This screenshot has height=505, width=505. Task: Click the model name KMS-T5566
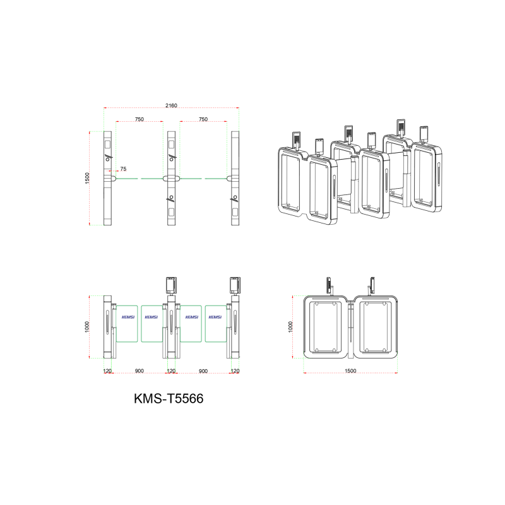pyautogui.click(x=169, y=398)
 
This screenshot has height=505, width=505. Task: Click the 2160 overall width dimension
pyautogui.click(x=171, y=105)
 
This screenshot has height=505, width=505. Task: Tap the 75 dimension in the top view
pyautogui.click(x=123, y=169)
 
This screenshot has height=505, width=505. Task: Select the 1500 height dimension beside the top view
pyautogui.click(x=87, y=178)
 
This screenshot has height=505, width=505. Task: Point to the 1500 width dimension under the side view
pyautogui.click(x=350, y=371)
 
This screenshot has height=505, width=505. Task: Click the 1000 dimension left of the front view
pyautogui.click(x=87, y=326)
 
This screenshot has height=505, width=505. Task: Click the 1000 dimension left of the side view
pyautogui.click(x=290, y=326)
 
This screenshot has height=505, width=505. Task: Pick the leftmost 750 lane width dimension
pyautogui.click(x=140, y=119)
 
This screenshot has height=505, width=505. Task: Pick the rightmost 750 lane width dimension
pyautogui.click(x=203, y=119)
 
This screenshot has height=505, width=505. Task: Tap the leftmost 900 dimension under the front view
pyautogui.click(x=139, y=371)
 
